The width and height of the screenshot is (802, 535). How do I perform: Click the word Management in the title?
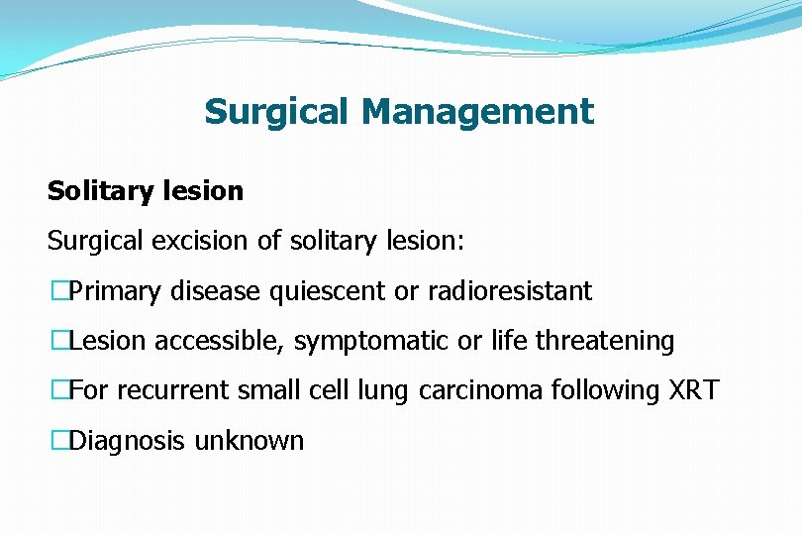pos(478,112)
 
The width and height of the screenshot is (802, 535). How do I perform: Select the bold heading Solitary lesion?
pos(146,191)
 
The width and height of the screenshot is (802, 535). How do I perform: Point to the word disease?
pos(215,292)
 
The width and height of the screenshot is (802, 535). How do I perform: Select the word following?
pos(603,391)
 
